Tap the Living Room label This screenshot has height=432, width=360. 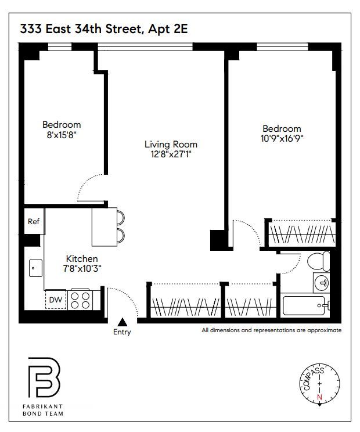point(171,145)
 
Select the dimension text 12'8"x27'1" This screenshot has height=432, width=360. point(171,154)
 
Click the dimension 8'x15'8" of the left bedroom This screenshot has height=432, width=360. point(62,135)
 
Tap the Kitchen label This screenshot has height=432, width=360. point(81,258)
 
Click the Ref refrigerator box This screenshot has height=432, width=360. point(33,221)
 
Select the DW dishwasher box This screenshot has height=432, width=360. point(56,300)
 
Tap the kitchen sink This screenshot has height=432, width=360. point(35,268)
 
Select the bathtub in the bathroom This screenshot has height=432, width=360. point(306,305)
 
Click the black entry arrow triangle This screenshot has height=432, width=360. point(122,321)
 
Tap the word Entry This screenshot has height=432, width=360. point(122,332)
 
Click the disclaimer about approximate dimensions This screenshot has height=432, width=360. point(271,330)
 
